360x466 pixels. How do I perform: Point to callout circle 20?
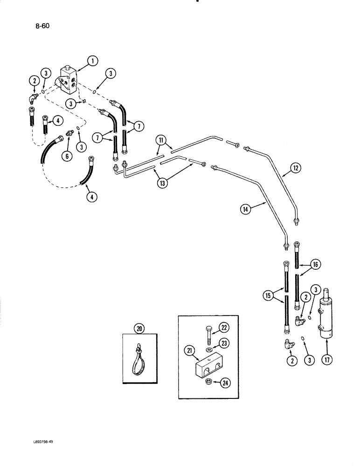click(x=139, y=329)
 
